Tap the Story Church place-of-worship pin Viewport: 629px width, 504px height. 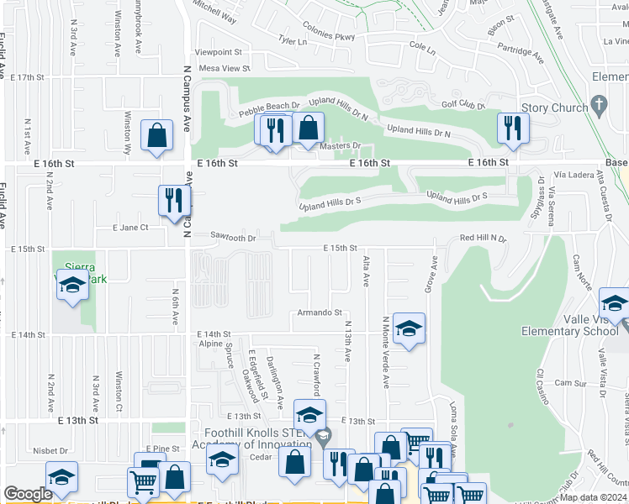pyautogui.click(x=599, y=106)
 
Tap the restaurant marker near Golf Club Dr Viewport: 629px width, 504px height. pyautogui.click(x=510, y=129)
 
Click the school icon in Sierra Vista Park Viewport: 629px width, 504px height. pyautogui.click(x=72, y=286)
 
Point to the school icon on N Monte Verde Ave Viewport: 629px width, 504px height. pyautogui.click(x=409, y=329)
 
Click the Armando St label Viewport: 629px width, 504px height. pyautogui.click(x=320, y=313)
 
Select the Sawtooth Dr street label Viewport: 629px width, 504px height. pyautogui.click(x=232, y=237)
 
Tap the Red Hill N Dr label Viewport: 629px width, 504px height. pyautogui.click(x=484, y=239)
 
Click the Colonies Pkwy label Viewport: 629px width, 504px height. pyautogui.click(x=329, y=36)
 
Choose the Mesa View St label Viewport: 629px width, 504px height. pyautogui.click(x=224, y=68)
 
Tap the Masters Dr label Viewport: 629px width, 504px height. pyautogui.click(x=341, y=146)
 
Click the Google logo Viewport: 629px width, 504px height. pyautogui.click(x=28, y=494)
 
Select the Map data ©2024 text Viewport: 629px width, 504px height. pyautogui.click(x=593, y=497)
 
